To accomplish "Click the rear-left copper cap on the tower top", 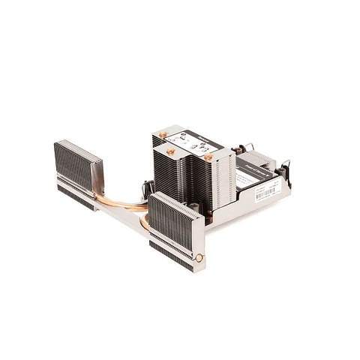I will coord(162,134).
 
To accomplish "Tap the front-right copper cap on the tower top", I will coord(208,157).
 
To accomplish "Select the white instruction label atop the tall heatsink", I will coord(187,143).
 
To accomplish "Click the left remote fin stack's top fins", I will coord(78,154).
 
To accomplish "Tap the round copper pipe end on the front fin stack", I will coord(199,257).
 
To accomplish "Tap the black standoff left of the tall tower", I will coord(148,188).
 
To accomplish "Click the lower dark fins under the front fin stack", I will coord(169,251).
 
